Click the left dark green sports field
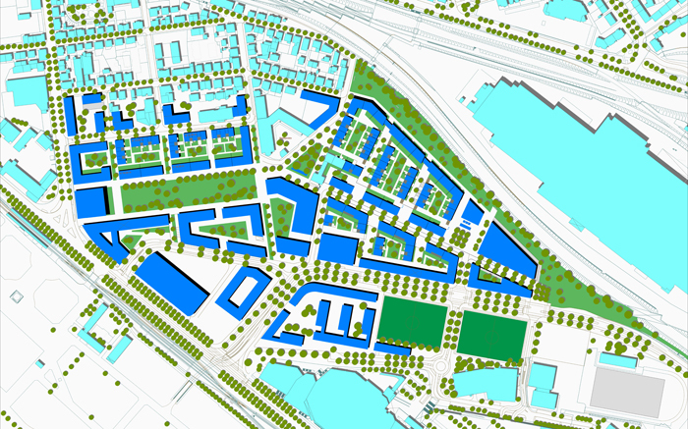pyautogui.click(x=413, y=322)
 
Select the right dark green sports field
pyautogui.click(x=491, y=335)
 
